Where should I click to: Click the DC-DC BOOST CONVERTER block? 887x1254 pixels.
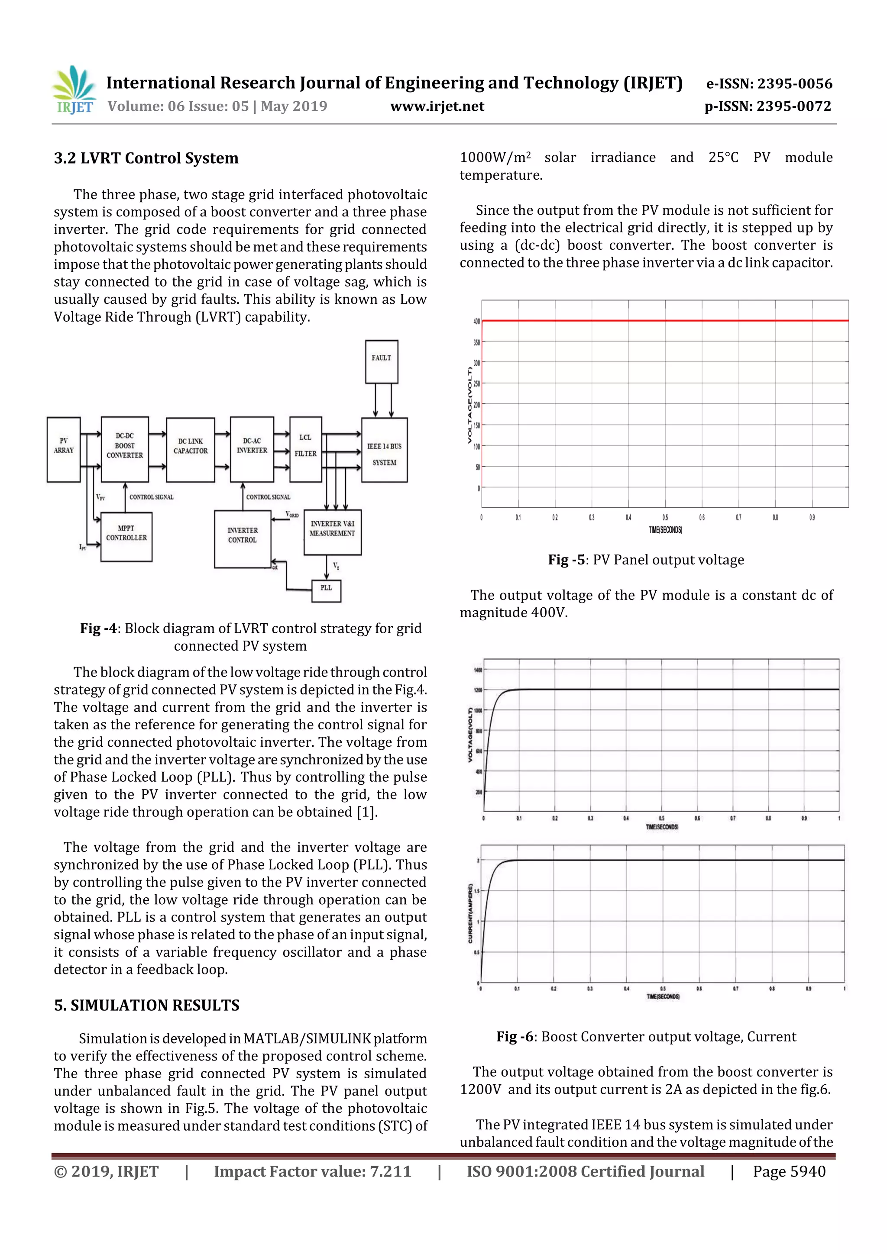click(125, 449)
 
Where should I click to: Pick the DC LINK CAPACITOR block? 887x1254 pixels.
click(190, 449)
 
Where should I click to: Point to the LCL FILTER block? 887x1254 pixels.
click(305, 449)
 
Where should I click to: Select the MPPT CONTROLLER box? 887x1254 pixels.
click(126, 536)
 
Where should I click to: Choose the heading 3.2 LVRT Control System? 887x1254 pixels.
click(146, 158)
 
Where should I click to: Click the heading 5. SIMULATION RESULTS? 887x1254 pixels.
click(146, 1006)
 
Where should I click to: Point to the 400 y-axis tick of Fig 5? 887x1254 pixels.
click(476, 321)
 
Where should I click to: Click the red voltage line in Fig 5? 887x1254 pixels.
click(664, 321)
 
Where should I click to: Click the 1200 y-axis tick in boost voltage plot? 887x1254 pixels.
click(478, 690)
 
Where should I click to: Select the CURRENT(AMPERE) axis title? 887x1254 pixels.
click(470, 913)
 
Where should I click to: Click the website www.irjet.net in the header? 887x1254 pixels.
click(437, 106)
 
